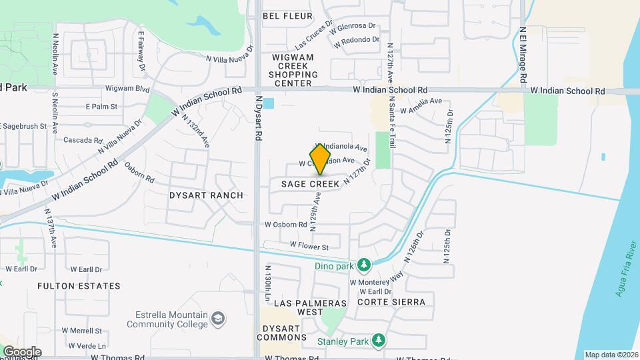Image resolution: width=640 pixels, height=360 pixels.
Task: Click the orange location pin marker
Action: (x=321, y=159)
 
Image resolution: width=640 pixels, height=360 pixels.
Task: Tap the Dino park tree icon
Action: (x=364, y=266)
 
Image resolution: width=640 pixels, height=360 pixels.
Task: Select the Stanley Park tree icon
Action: (x=379, y=341)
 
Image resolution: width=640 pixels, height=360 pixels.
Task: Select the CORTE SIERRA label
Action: (x=391, y=302)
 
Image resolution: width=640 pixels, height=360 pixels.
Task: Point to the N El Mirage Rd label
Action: (x=523, y=55)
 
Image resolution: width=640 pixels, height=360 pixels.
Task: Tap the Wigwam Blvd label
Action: (x=127, y=88)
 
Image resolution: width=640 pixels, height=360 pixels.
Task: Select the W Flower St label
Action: (x=309, y=247)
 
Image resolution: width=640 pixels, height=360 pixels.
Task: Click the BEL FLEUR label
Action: (x=288, y=15)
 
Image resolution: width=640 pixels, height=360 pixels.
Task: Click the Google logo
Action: (x=21, y=351)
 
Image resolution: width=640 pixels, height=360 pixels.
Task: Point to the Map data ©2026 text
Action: (x=610, y=355)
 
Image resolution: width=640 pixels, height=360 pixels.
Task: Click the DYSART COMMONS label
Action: (x=281, y=332)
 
